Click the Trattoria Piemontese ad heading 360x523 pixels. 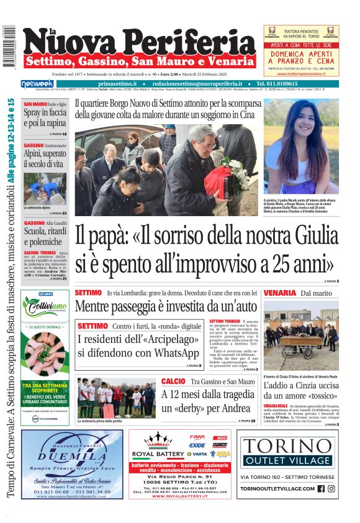[301, 32]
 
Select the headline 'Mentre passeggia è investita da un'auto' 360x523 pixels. [166, 306]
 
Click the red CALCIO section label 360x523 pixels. [173, 381]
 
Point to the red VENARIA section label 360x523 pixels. [279, 293]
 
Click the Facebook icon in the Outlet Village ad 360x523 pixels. [321, 489]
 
